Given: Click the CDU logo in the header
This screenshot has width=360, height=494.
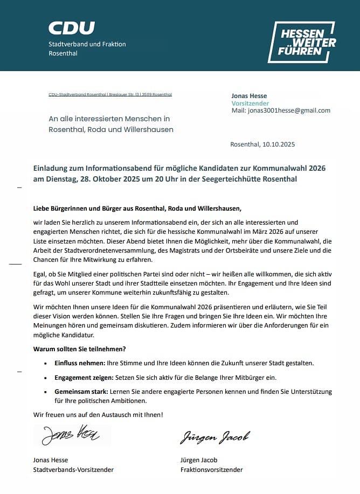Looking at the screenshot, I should tap(72, 28).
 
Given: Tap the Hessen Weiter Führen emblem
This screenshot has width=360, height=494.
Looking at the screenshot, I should tap(301, 42).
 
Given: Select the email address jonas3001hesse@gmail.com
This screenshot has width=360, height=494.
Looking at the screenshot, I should tap(288, 110).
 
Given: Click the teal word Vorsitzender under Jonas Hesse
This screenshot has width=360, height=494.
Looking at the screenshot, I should tap(250, 103).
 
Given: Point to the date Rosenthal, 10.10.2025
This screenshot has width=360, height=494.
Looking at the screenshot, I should tap(262, 144).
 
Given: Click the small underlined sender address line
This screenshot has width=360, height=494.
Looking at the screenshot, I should tap(110, 94).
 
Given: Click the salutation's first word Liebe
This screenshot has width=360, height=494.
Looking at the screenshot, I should tap(42, 208).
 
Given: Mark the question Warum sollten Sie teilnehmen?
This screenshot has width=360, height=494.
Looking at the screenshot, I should tap(79, 349).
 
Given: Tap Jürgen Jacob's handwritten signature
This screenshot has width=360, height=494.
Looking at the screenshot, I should tap(214, 437).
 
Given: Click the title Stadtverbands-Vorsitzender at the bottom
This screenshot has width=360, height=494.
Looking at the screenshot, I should tap(73, 470).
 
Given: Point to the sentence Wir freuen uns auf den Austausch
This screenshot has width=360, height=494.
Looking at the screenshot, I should tap(98, 414).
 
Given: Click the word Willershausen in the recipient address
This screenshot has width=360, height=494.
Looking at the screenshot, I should tap(148, 129).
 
